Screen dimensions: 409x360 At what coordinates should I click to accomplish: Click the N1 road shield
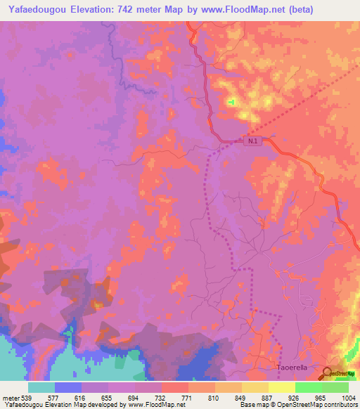253,141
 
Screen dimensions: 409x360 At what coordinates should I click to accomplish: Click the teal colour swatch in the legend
41,387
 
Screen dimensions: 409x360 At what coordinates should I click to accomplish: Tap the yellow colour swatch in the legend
282,387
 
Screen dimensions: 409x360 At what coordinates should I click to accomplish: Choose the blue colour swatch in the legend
68,387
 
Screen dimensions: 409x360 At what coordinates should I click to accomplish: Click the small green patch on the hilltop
231,103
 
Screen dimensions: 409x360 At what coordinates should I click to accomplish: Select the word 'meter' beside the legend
11,397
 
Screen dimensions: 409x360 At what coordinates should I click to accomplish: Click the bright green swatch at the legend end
335,387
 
